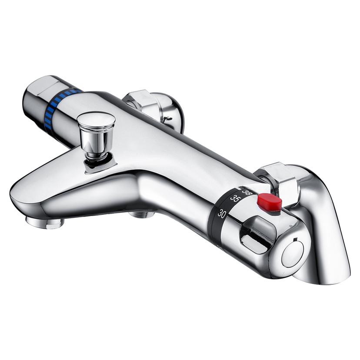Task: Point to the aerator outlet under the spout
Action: click(44, 223)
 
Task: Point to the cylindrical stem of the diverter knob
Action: click(96, 143)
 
